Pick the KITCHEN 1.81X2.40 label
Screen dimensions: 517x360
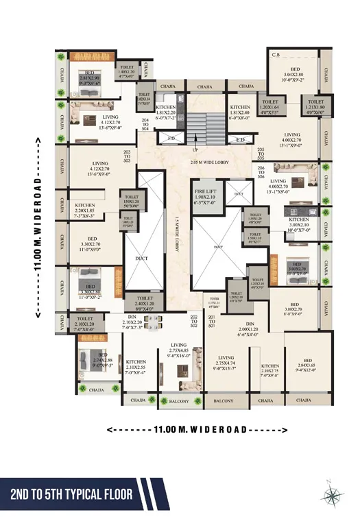pos(240,112)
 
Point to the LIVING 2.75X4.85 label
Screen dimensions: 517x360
pos(179,350)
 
